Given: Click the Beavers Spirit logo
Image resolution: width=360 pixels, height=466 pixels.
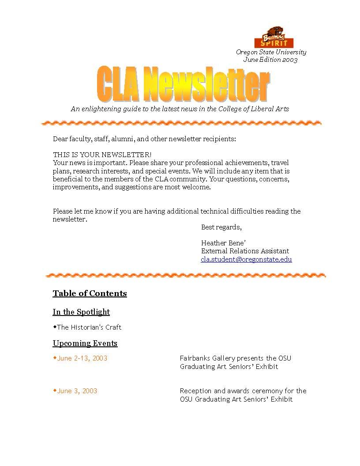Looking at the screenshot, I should point(274,38).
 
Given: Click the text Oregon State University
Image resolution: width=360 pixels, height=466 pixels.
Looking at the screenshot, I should point(271,52).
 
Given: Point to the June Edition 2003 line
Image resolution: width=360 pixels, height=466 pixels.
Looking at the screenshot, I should point(270,60).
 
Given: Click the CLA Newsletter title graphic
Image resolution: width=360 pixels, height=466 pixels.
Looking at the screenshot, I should point(183,84).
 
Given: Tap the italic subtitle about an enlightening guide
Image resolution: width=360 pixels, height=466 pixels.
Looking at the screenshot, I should point(180,109).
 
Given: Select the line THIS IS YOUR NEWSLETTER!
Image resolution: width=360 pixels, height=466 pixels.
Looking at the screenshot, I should point(102,155).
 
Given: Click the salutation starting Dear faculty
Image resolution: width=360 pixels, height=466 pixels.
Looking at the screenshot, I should point(144,139).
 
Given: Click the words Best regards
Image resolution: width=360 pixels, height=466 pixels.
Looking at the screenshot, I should point(221,227).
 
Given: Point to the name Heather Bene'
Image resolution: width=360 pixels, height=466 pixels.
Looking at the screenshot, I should point(223,243).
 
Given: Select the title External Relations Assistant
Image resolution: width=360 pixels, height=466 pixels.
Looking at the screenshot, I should point(245,251).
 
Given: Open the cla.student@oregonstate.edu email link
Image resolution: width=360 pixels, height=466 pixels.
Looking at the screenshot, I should point(246,259).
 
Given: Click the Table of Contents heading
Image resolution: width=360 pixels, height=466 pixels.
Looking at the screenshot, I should point(90,293).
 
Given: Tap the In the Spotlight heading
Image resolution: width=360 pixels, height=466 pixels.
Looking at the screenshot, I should point(81,312).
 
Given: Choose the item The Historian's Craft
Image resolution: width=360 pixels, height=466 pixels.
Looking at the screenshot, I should point(89,327).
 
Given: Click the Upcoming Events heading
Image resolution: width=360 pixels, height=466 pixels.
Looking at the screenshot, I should point(85,343).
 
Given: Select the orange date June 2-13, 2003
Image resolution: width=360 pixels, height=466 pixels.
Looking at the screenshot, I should point(82,358).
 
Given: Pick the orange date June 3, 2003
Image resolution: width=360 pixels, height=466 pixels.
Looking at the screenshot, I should point(77,391).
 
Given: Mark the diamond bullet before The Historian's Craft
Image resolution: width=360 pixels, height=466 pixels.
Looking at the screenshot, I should point(55,327).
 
